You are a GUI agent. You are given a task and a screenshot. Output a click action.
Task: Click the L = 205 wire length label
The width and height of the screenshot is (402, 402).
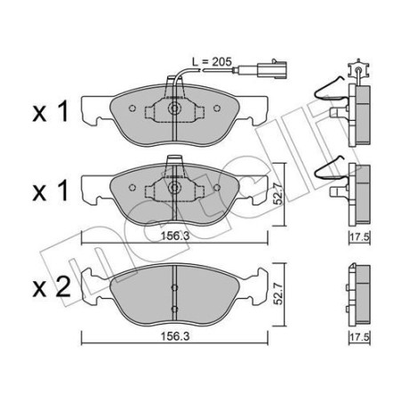212,62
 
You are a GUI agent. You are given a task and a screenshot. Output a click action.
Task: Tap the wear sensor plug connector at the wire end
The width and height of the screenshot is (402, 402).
272,70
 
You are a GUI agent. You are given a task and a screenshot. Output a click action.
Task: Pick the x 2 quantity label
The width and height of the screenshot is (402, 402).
52,287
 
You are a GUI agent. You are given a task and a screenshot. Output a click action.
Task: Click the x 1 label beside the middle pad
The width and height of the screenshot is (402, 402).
51,190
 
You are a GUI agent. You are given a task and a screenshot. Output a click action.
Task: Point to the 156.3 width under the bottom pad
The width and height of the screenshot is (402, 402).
175,336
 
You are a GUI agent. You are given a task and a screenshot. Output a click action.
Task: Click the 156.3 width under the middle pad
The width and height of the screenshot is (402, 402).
175,237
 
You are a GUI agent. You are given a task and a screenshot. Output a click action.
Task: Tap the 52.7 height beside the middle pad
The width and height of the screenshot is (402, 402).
278,194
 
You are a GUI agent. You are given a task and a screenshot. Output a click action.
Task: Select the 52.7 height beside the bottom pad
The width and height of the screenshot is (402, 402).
278,293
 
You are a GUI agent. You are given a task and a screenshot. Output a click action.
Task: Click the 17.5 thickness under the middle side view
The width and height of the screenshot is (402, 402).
359,237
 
